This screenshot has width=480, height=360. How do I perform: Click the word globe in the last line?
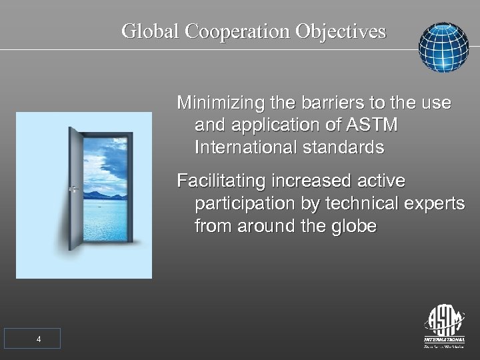point(353,225)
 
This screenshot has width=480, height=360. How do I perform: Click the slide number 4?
point(38,339)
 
